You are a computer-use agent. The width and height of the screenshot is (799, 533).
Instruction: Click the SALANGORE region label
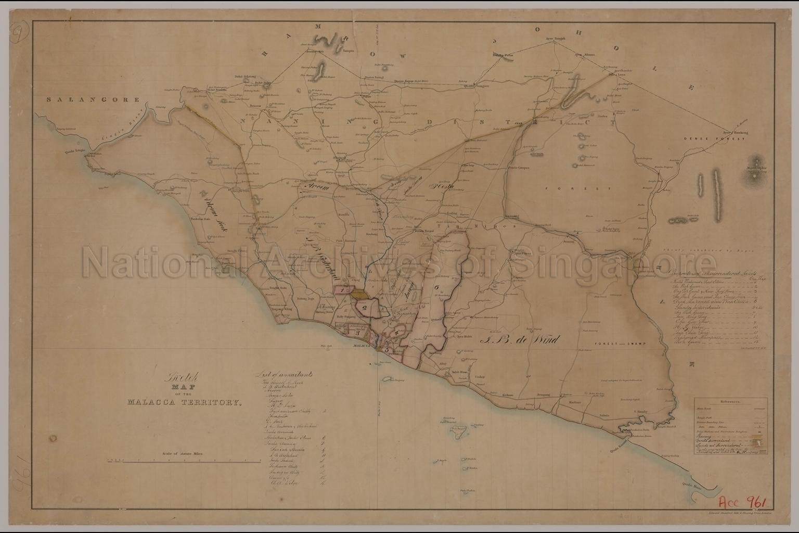click(x=92, y=99)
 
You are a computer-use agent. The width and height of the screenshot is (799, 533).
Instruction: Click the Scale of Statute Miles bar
click(x=183, y=461)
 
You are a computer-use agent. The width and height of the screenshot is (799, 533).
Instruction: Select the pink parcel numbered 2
click(x=365, y=308)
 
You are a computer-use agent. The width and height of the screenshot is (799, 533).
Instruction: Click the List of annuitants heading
click(x=283, y=374)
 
